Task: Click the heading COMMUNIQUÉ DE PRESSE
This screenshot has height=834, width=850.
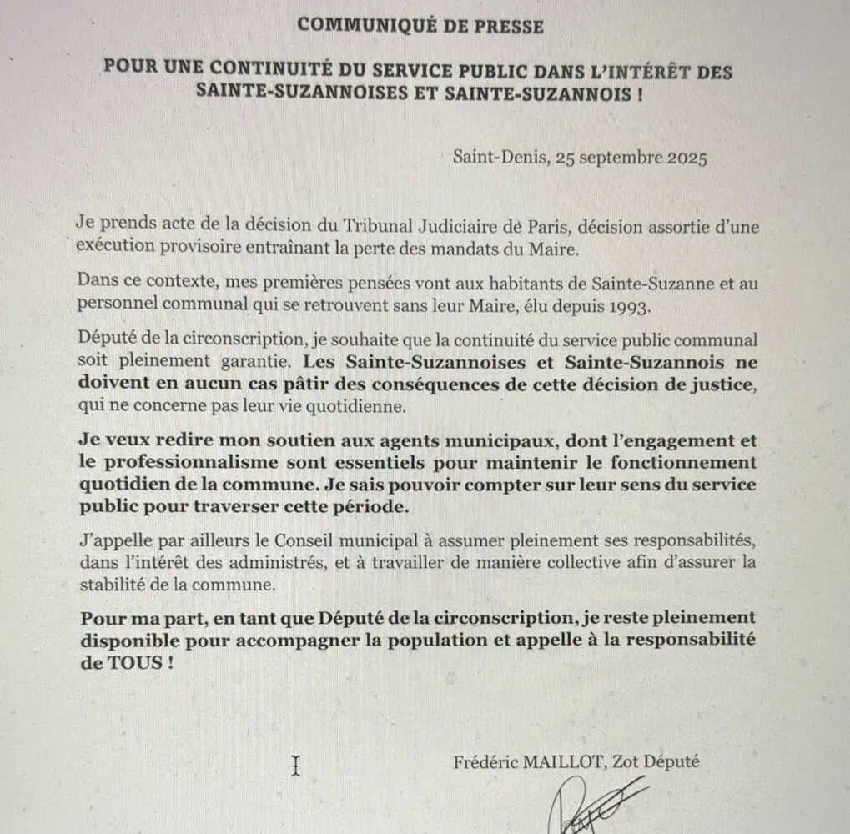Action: [420, 25]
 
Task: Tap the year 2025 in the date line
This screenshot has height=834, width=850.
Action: [687, 158]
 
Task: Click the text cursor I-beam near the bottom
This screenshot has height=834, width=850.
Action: [295, 766]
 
